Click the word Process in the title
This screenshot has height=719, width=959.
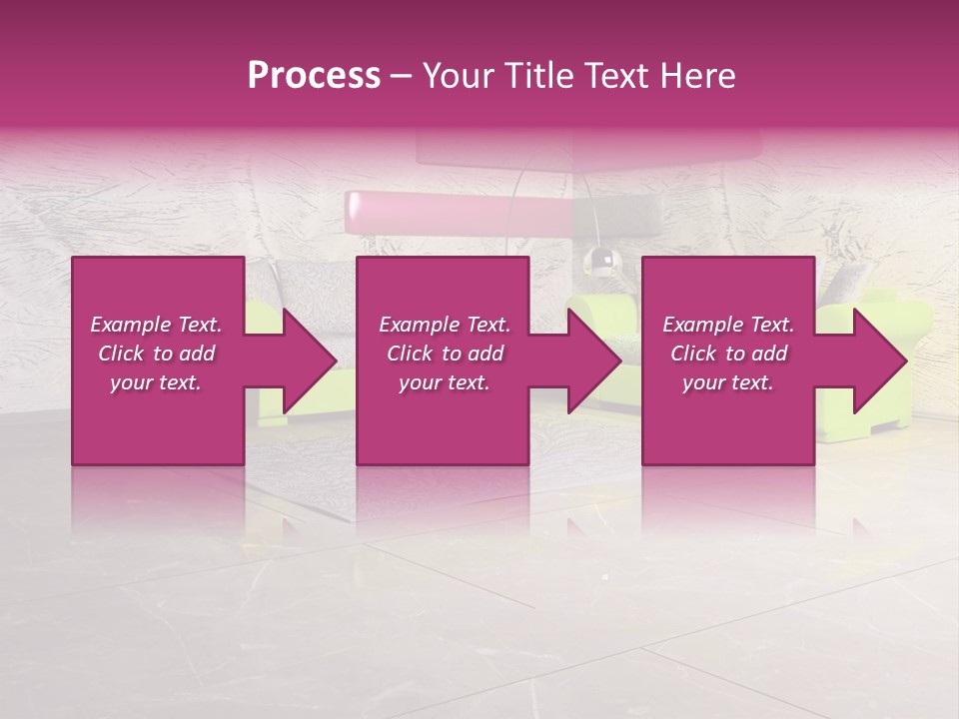pos(314,76)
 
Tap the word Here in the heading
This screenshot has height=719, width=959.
pos(698,76)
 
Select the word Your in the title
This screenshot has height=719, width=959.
pos(457,76)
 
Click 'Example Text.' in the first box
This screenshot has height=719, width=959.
pos(156,325)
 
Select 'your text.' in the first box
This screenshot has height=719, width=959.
pos(156,382)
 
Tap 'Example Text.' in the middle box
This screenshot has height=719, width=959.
pos(445,325)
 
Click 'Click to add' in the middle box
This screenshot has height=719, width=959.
pos(445,354)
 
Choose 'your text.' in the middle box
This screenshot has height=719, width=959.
pos(445,382)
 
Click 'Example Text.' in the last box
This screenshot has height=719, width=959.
pos(728,325)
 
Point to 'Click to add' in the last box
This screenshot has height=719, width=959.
pos(728,354)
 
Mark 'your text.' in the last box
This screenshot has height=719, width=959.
pos(728,382)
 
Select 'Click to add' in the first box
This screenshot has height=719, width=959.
pos(156,354)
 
